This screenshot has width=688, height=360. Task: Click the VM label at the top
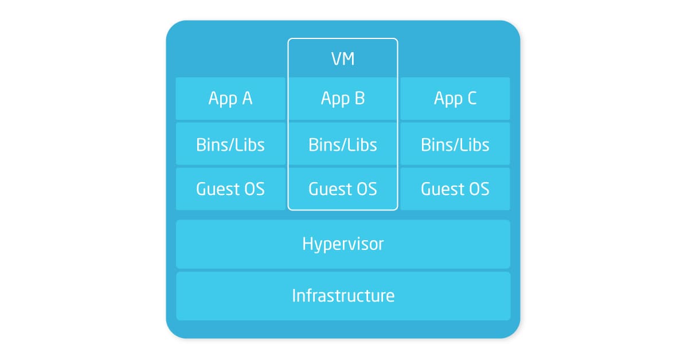point(343,58)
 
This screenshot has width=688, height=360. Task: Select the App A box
point(230,99)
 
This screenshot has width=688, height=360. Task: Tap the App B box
point(343,99)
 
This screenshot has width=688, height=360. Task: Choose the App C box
point(455,99)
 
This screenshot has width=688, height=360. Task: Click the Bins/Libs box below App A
point(230,144)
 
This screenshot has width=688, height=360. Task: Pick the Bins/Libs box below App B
point(343,144)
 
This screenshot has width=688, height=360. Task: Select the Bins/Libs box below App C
point(455,144)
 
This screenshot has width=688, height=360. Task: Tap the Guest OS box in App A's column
point(230,189)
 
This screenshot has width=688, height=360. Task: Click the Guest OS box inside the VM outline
point(343,189)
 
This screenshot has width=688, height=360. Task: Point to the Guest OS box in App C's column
point(455,189)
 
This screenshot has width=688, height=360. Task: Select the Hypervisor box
point(343,244)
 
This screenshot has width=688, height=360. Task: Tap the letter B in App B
point(359,98)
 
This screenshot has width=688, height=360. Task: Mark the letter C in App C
point(472,98)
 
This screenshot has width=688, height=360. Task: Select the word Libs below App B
point(362,144)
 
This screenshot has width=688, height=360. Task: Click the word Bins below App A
point(211,144)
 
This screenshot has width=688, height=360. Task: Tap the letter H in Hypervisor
point(307,244)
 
